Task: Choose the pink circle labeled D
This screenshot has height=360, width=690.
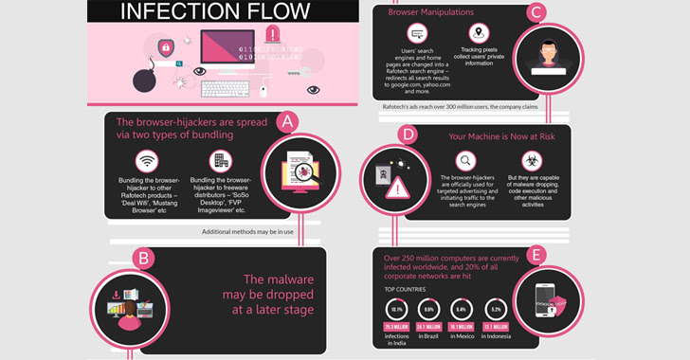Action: pos(409,135)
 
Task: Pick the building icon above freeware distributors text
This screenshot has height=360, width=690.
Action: pos(222,161)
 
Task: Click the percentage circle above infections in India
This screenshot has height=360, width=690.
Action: pos(398,309)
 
